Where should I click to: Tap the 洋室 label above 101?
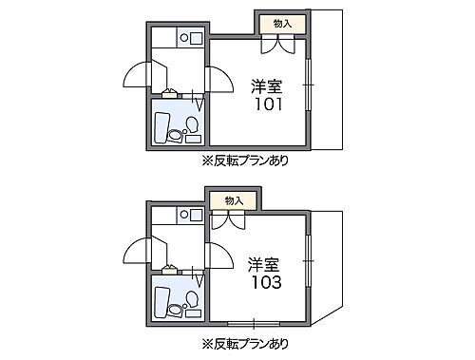(267, 84)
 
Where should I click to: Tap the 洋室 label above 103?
(265, 262)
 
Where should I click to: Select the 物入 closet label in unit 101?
(282, 22)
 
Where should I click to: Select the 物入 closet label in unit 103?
(234, 200)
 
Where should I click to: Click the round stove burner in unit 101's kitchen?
(197, 41)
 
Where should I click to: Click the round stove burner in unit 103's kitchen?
(197, 218)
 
